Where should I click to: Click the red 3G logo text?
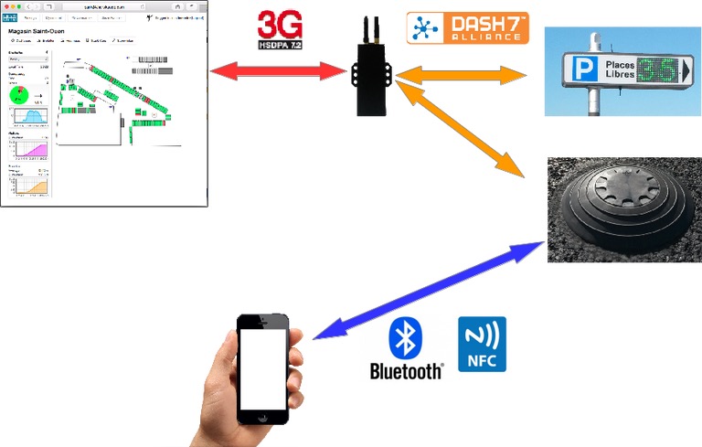[281, 24]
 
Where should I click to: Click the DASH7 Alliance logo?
[467, 28]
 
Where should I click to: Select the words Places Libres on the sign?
[615, 70]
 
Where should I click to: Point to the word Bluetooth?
[406, 371]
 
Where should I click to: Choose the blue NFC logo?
[481, 344]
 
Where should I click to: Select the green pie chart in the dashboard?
[19, 96]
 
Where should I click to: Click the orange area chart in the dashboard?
[33, 186]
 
